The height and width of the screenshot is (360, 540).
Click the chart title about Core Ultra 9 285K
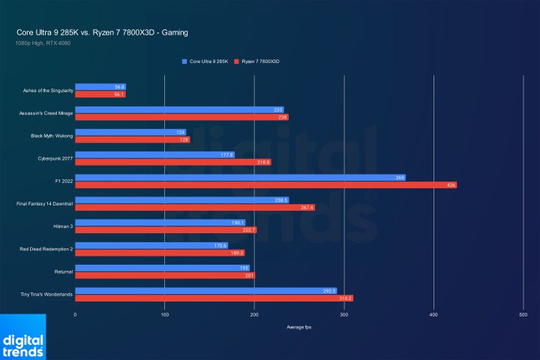click(102, 32)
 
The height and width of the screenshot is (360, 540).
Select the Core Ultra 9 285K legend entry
click(205, 61)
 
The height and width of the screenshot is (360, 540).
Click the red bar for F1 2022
click(265, 184)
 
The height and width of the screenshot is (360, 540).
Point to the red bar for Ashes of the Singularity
click(100, 94)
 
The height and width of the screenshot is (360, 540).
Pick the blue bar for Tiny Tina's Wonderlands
click(205, 290)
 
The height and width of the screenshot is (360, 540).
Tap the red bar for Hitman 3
click(165, 229)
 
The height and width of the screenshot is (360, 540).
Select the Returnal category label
click(63, 271)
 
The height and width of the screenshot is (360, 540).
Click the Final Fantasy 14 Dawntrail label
click(44, 203)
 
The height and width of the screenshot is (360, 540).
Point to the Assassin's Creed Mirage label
click(46, 113)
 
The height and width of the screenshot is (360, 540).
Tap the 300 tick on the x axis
click(343, 315)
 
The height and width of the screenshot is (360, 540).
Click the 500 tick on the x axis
click(523, 315)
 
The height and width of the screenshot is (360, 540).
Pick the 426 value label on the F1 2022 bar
click(450, 184)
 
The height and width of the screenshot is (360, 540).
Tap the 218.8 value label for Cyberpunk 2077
click(263, 162)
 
